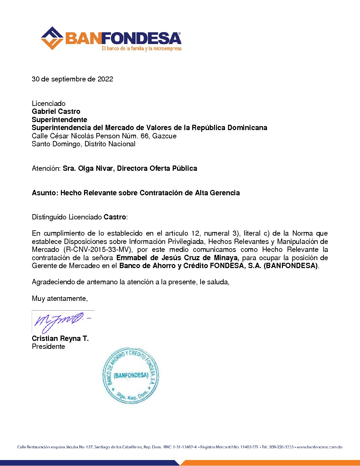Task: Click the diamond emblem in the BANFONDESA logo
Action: pos(52,38)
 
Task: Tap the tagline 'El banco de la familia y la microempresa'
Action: pos(142,49)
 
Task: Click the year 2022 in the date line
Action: pos(105,79)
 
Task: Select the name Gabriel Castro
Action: pos(56,112)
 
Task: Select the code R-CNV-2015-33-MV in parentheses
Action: pos(98,250)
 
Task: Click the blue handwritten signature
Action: pos(60,321)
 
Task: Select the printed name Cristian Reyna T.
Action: pos(60,339)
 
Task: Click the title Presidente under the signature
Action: pos(48,347)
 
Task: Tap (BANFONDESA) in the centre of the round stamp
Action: pos(131,375)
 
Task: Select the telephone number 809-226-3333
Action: pos(281,447)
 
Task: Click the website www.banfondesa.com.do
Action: pos(319,447)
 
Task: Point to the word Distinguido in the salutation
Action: pos(49,217)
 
